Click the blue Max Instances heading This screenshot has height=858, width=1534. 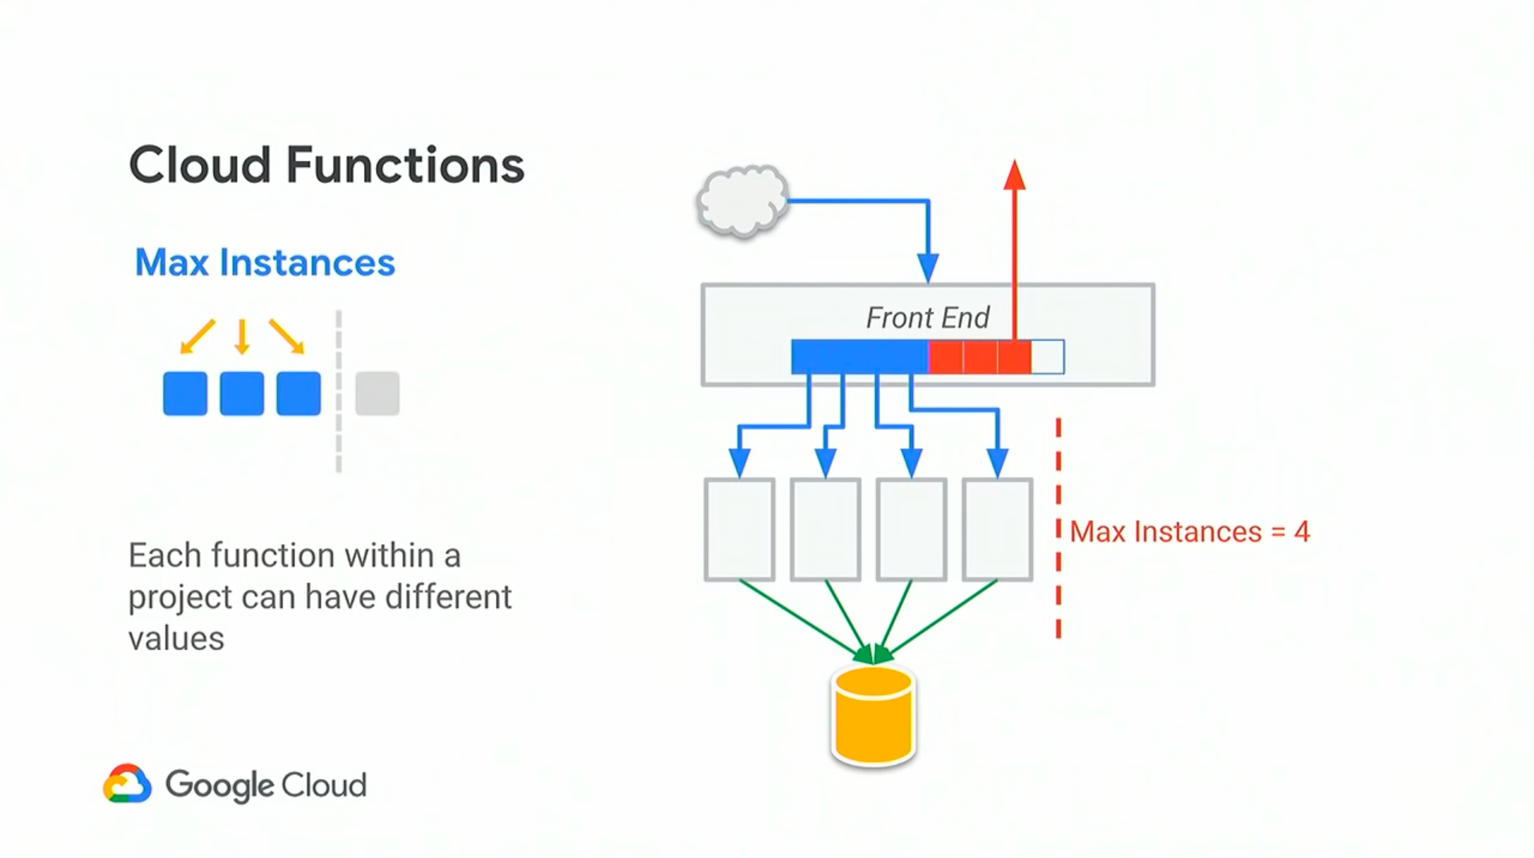265,262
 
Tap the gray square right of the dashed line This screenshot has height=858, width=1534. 378,393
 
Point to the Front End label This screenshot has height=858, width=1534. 927,317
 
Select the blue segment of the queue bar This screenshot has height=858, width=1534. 860,356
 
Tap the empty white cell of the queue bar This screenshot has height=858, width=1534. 1047,356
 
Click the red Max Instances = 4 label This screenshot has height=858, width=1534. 1189,532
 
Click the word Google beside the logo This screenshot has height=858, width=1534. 219,785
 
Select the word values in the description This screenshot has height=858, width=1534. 176,639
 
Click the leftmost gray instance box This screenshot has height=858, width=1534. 740,529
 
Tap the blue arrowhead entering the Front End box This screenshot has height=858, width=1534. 928,267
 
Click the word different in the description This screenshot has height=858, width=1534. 448,597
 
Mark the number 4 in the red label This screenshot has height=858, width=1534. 1302,532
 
